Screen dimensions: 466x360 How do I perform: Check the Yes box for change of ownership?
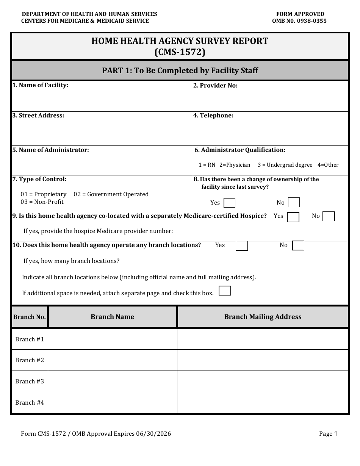click(229, 203)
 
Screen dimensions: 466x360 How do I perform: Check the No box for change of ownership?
click(294, 203)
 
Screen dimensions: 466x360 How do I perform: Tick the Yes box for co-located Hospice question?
click(293, 217)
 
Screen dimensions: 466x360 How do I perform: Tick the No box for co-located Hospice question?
click(329, 216)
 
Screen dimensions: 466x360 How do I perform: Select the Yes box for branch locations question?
click(241, 246)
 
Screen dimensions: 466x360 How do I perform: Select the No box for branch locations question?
click(298, 246)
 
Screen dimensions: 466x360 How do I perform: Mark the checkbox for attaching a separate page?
click(225, 291)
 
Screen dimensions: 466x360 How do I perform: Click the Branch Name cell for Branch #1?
click(112, 339)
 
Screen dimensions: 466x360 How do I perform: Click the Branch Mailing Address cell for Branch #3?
click(263, 381)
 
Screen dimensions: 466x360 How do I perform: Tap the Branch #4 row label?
click(30, 402)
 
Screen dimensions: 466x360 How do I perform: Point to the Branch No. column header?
click(30, 317)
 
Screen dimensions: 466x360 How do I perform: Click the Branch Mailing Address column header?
click(263, 317)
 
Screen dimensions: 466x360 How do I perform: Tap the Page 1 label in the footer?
click(328, 434)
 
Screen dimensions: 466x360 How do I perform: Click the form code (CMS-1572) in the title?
click(180, 52)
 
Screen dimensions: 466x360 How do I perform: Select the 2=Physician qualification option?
click(235, 165)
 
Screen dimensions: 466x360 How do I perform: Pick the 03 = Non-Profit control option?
click(42, 202)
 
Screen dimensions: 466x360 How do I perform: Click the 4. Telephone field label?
click(213, 116)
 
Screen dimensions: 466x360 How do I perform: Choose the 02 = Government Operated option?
click(111, 194)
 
